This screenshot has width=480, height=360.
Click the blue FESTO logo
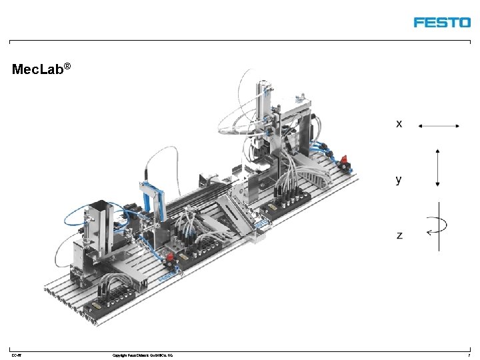coord(442,22)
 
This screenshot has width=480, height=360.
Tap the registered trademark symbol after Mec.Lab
coord(67,67)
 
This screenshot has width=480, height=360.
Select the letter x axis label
coord(399,123)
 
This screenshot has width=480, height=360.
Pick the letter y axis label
coord(399,179)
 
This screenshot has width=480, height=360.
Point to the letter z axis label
coord(399,235)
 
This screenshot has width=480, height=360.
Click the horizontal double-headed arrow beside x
coord(438,125)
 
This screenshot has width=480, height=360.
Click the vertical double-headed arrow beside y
coord(437,167)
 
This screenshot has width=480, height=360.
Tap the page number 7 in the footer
coord(469,355)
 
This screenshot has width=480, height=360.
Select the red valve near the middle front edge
coord(170,258)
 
